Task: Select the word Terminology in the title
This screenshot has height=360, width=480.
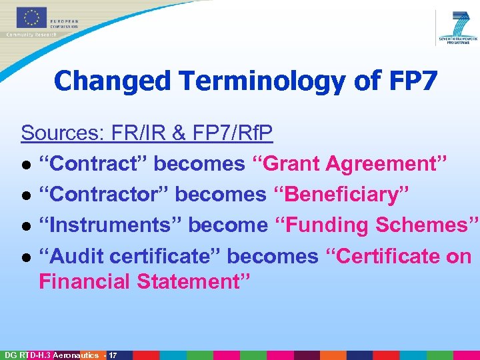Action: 261,81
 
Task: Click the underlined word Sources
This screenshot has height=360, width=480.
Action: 60,133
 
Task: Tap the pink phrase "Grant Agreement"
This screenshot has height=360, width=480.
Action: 349,163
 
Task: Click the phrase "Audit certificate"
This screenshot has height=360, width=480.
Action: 130,256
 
